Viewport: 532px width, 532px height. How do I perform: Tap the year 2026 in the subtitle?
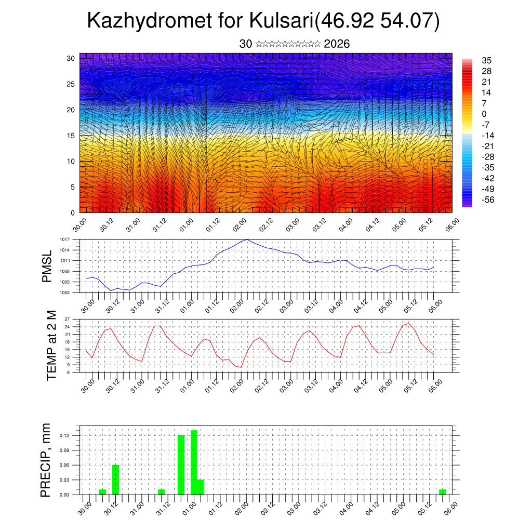click(x=337, y=44)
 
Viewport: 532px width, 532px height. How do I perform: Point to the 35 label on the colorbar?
click(x=487, y=60)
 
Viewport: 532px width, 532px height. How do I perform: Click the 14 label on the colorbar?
click(x=487, y=92)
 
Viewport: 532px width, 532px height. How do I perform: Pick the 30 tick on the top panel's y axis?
click(x=71, y=58)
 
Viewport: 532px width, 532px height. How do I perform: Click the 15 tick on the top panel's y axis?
click(x=71, y=136)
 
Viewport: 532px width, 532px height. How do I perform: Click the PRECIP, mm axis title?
click(x=46, y=459)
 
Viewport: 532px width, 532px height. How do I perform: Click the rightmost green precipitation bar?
click(x=442, y=491)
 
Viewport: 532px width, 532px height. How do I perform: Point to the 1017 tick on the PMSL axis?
click(x=64, y=240)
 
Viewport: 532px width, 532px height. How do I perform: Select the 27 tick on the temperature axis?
click(x=67, y=319)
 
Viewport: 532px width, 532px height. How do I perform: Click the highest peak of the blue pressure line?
click(x=248, y=240)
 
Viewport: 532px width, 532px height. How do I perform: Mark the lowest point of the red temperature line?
click(x=241, y=367)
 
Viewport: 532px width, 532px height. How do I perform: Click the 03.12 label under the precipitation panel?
click(x=319, y=507)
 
